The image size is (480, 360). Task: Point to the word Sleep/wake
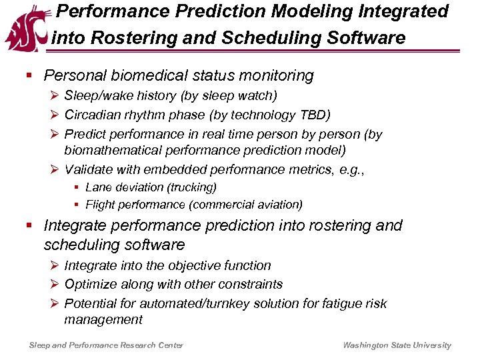pos(96,97)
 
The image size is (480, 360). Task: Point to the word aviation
pos(278,205)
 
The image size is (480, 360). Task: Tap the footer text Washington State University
pos(397,345)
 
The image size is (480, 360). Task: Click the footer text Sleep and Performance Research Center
pos(106,345)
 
